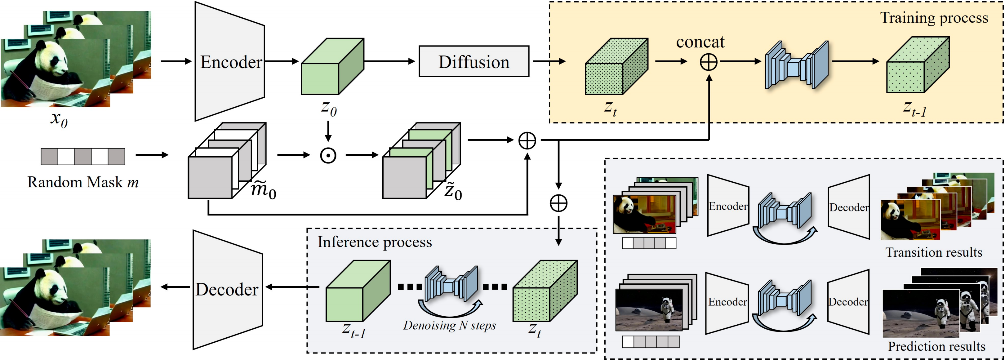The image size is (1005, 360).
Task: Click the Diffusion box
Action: (474, 62)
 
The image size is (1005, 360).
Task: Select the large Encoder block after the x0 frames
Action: (230, 62)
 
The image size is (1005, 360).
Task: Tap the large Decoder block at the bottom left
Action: (228, 289)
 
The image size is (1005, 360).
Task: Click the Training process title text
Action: (934, 18)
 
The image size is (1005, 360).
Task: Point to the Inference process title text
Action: (375, 242)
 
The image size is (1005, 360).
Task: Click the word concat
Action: (700, 42)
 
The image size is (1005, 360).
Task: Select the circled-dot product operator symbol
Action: (328, 156)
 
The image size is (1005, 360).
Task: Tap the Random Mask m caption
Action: (83, 182)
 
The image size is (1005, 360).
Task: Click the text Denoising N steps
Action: (449, 325)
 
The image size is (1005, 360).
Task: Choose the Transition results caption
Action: (934, 252)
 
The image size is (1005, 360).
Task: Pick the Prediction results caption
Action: (936, 346)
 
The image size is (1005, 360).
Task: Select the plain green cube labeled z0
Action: (332, 66)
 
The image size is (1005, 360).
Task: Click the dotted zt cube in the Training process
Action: (616, 66)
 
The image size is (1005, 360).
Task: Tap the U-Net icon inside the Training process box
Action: (796, 65)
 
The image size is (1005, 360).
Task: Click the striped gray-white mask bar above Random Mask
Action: (83, 156)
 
